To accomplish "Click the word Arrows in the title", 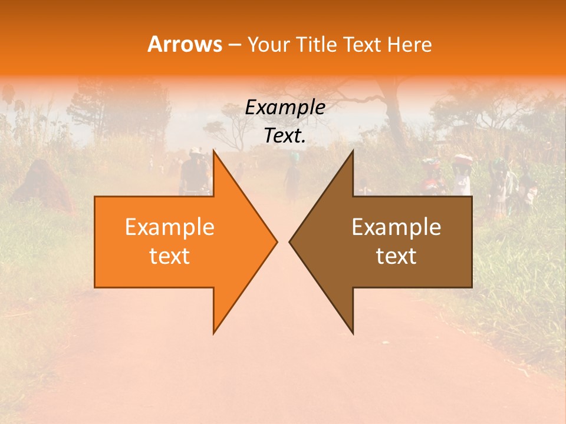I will (x=185, y=44).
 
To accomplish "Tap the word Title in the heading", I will (x=318, y=45).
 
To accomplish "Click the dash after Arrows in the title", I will (x=234, y=45).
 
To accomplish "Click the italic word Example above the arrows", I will (x=285, y=108).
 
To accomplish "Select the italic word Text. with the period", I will (x=285, y=135).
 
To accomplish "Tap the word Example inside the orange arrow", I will (x=169, y=227).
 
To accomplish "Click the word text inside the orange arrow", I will (x=169, y=256).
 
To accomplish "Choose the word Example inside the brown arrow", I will (x=396, y=227).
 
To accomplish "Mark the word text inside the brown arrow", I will (x=396, y=256).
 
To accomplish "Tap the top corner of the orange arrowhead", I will (x=214, y=150).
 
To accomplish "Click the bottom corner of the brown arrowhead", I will (x=353, y=333).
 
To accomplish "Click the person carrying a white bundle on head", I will (x=463, y=174).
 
